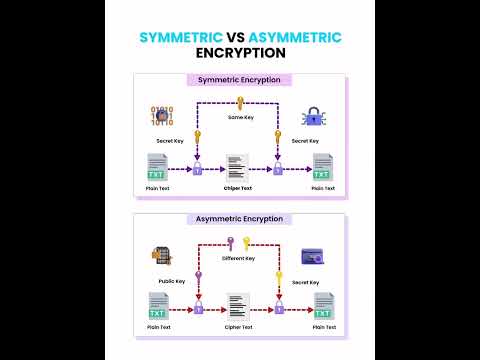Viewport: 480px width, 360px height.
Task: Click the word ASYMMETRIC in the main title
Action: pos(295,37)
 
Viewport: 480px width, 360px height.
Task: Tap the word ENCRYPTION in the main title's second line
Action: pos(240,54)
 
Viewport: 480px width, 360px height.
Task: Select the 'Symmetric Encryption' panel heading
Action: pos(240,80)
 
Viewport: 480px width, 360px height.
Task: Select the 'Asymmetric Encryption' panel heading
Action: pos(240,219)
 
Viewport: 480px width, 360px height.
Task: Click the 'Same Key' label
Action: pos(241,118)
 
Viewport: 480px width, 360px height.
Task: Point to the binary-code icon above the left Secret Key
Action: pos(161,117)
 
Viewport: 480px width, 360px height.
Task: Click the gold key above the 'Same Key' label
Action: pos(240,102)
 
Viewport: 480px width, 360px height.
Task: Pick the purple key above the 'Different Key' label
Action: pos(232,242)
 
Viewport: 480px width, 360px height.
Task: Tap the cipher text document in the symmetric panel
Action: pos(238,167)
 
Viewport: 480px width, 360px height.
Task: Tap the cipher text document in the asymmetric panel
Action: pos(238,306)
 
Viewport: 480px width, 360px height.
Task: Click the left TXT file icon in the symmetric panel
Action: pos(158,167)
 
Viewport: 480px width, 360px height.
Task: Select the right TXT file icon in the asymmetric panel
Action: pos(322,306)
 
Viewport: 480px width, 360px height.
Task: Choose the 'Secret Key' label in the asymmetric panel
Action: pos(306,282)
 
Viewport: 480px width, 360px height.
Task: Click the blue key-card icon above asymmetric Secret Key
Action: pos(311,257)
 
